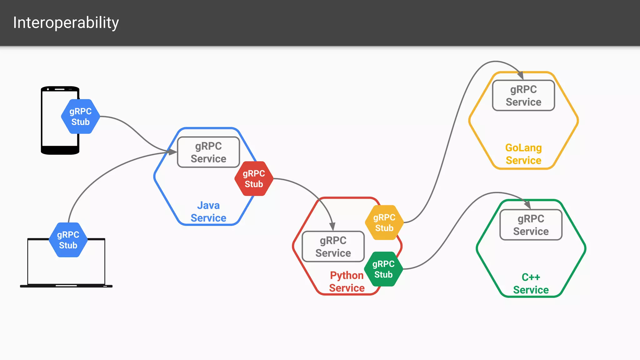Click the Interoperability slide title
pos(66,23)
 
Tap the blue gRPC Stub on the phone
pos(81,117)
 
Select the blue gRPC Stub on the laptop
pos(68,240)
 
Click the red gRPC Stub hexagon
pos(254,179)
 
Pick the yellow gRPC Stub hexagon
pos(384,222)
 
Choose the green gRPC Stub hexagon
pos(383,269)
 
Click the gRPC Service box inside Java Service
pos(208,152)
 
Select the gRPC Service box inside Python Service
pos(333,247)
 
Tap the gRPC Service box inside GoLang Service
pos(523,96)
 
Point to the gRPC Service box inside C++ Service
pos(531,225)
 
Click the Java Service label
pos(208,212)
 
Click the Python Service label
pos(347,282)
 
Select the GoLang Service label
pos(523,154)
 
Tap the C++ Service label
pos(531,283)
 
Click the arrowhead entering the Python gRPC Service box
pos(332,227)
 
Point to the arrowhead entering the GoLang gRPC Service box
pos(520,76)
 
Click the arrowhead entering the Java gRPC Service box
pos(172,152)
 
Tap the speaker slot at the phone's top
pos(59,89)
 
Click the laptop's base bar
pos(66,286)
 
